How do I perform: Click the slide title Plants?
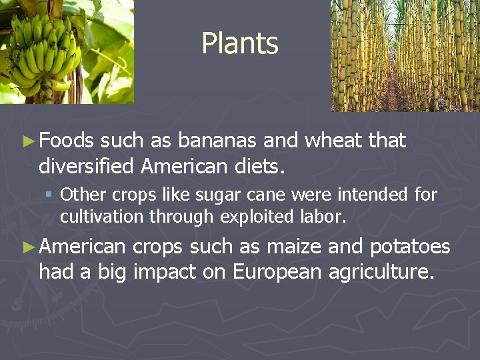pos(239,44)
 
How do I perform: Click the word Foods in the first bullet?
pos(67,141)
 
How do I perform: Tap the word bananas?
pos(218,141)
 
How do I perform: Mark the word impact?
pos(167,273)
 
